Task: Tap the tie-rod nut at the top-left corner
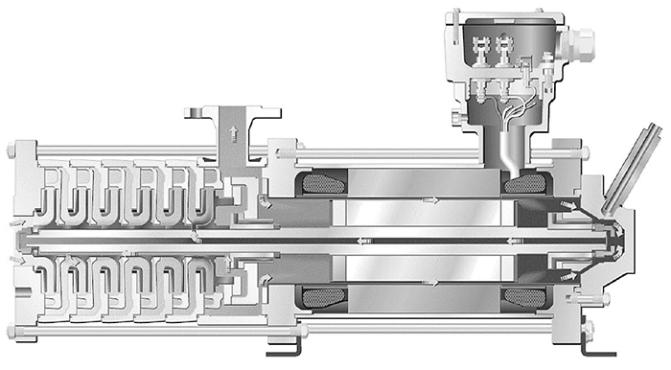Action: (x=11, y=150)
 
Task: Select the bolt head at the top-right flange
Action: (x=582, y=151)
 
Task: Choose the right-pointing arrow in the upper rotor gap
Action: (x=433, y=199)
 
